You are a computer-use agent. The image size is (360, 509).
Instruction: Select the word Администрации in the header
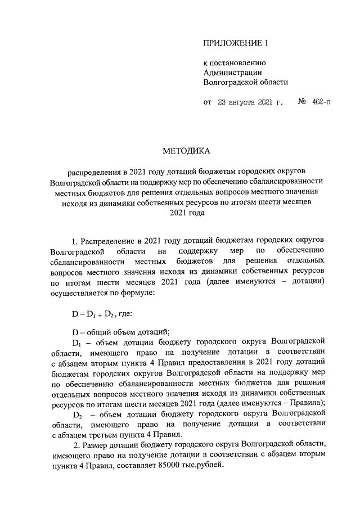pos(232,72)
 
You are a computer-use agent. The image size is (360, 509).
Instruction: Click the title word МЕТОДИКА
pos(186,151)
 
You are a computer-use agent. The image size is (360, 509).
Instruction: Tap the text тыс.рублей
pos(210,466)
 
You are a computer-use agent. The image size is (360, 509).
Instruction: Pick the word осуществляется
pos(78,293)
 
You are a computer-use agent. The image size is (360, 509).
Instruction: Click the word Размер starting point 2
pos(99,445)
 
